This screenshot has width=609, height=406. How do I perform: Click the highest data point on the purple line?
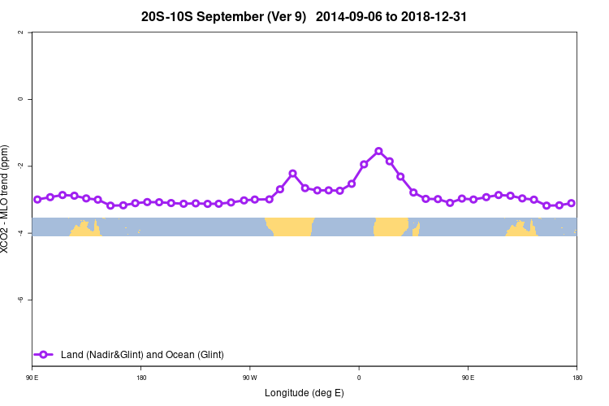[x=378, y=151]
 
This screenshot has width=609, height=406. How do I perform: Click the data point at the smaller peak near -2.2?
[x=292, y=174]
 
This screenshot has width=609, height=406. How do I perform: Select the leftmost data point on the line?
[x=37, y=199]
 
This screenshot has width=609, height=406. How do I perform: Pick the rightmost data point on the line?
[x=572, y=203]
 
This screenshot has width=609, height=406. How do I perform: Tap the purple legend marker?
[x=44, y=354]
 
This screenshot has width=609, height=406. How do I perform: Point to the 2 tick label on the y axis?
[x=30, y=32]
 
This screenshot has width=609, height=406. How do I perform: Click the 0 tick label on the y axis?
[x=30, y=99]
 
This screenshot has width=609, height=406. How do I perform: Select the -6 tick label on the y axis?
[x=30, y=300]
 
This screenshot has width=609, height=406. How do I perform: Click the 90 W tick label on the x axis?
[x=249, y=378]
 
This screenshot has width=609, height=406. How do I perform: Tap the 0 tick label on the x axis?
[x=359, y=378]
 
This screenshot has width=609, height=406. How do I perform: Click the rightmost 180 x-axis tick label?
[x=577, y=378]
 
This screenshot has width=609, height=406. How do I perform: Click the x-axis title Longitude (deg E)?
[x=304, y=393]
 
